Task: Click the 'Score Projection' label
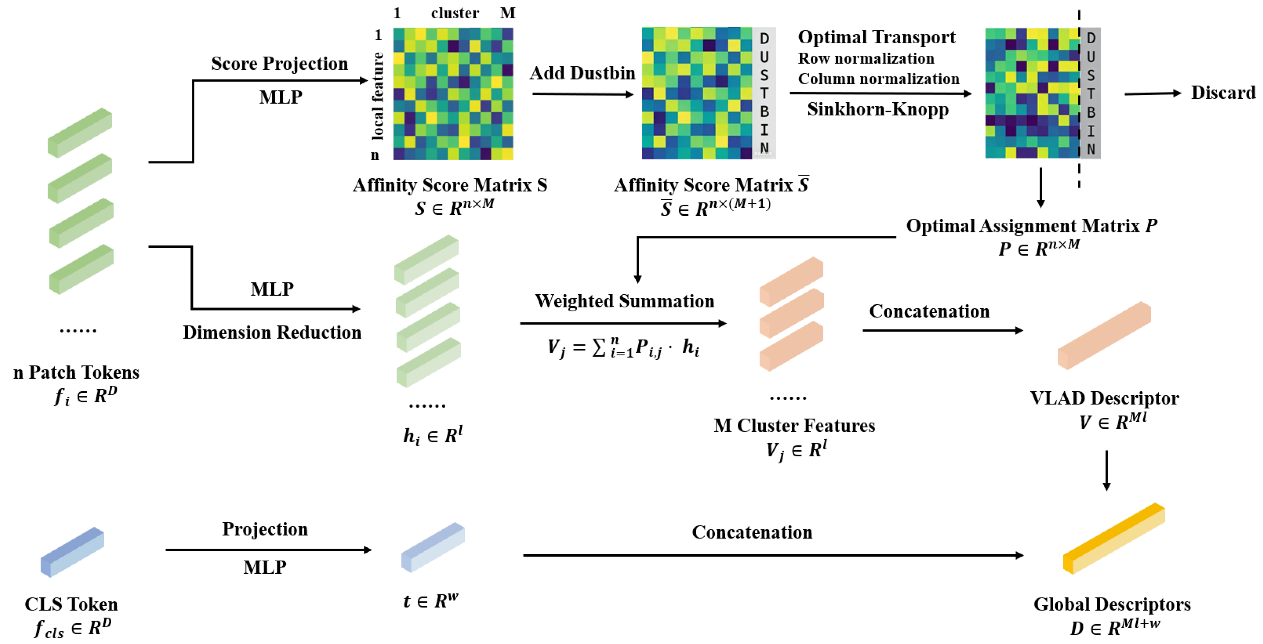(279, 64)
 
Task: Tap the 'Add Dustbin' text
(582, 73)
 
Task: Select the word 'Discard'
(1223, 92)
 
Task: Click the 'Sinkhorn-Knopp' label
(878, 109)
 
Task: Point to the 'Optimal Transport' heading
(876, 37)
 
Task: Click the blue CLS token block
(72, 552)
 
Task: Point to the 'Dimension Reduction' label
(272, 332)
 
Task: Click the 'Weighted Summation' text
(624, 301)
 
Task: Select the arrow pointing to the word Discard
(1152, 93)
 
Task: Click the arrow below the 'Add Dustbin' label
(582, 94)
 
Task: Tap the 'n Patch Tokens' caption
(76, 373)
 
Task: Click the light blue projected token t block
(432, 547)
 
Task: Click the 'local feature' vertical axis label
(377, 96)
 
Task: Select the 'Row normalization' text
(866, 59)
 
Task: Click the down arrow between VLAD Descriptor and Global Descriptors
(1106, 470)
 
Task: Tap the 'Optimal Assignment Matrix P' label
(1031, 226)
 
